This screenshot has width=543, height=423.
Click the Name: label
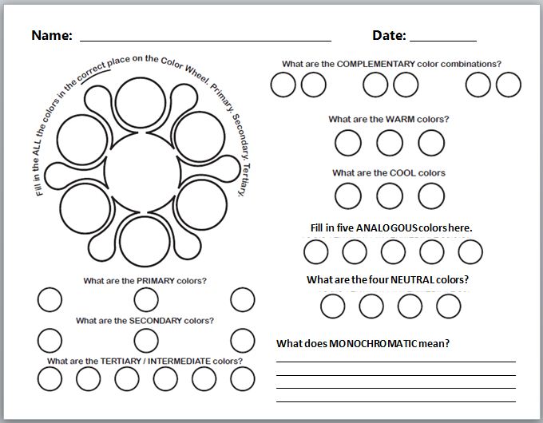click(x=52, y=35)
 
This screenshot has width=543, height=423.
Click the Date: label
click(x=389, y=35)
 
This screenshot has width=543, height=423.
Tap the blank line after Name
click(x=205, y=39)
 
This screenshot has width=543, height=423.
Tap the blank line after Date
click(x=443, y=39)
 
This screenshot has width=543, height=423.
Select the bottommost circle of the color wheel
click(x=141, y=237)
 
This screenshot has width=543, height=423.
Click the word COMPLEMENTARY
click(x=379, y=64)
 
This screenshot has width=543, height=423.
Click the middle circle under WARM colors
click(x=390, y=143)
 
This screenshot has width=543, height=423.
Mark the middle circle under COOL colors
click(x=390, y=196)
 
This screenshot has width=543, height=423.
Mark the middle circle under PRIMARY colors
click(x=145, y=300)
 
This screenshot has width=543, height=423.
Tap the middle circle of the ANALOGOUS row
click(x=393, y=252)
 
